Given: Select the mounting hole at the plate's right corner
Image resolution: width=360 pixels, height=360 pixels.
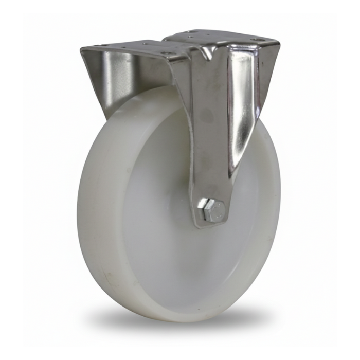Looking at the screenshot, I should click(256, 40).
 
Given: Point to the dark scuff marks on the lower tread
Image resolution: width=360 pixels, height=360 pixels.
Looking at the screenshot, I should click(111, 267).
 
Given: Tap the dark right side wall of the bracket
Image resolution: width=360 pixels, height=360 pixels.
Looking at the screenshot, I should click(267, 77).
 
